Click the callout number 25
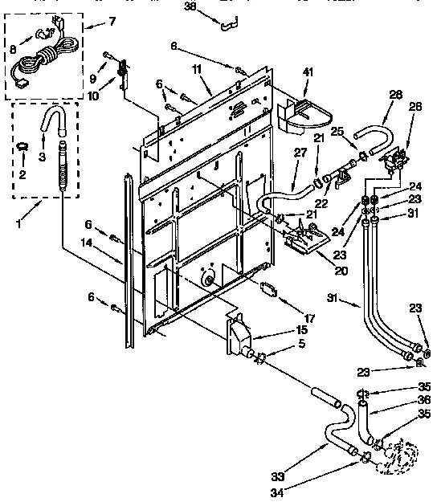click(x=337, y=131)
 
